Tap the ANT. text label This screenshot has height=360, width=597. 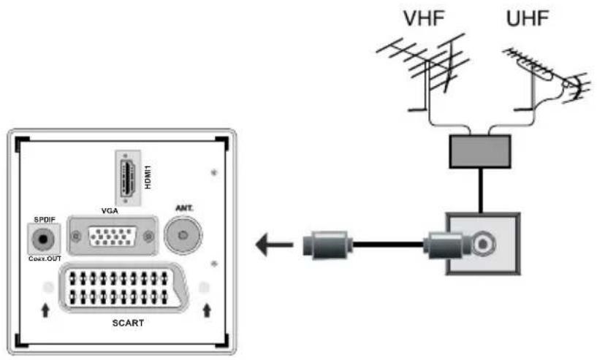tap(183, 209)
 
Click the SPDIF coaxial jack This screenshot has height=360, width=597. tap(45, 237)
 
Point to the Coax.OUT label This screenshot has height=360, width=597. tap(45, 256)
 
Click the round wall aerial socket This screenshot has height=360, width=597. tap(483, 243)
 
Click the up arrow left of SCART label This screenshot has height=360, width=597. tap(45, 311)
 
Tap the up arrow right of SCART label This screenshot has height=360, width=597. tap(207, 311)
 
